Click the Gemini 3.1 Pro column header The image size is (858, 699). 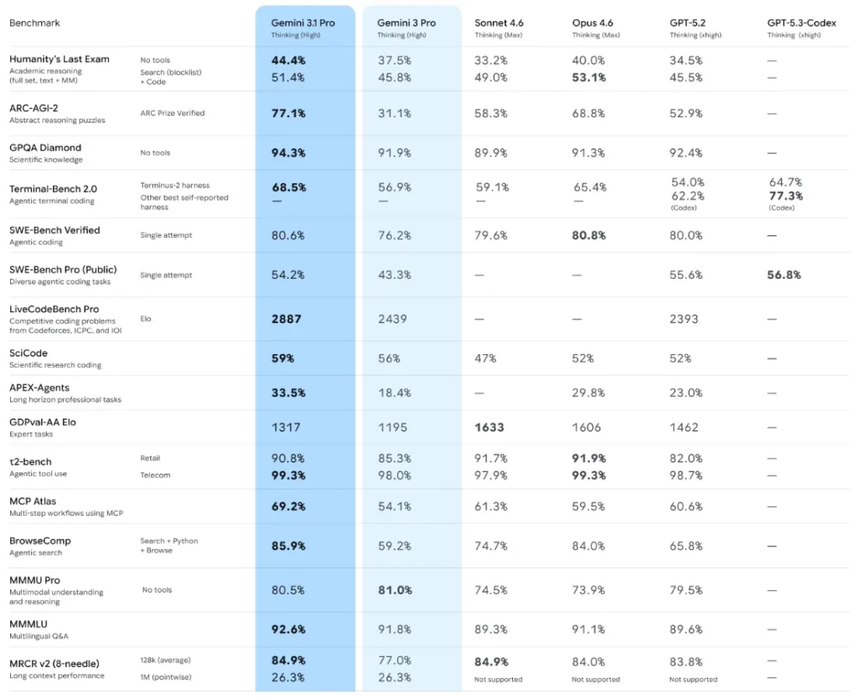(x=302, y=23)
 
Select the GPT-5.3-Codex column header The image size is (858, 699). (x=802, y=23)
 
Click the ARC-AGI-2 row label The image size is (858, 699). (x=34, y=108)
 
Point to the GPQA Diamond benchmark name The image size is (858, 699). (x=45, y=148)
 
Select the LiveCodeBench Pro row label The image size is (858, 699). (x=54, y=309)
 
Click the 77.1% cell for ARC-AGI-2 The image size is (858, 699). (x=288, y=113)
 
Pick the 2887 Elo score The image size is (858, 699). (x=286, y=319)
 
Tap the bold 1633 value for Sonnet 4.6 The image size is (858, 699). (x=489, y=427)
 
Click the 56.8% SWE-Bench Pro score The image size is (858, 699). (x=784, y=275)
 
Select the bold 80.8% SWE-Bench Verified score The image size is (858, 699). (x=589, y=235)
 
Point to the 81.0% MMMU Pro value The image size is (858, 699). (x=395, y=590)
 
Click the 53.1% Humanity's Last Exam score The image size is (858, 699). (x=589, y=78)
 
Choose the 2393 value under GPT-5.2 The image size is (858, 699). (x=684, y=319)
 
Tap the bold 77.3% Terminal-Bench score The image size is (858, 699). (x=786, y=196)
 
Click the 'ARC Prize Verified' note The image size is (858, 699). (x=172, y=113)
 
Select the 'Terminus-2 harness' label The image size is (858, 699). (x=174, y=185)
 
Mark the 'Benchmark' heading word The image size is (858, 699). (x=34, y=23)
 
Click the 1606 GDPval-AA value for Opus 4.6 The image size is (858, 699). (x=587, y=427)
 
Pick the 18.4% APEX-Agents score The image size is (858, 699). (x=394, y=393)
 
